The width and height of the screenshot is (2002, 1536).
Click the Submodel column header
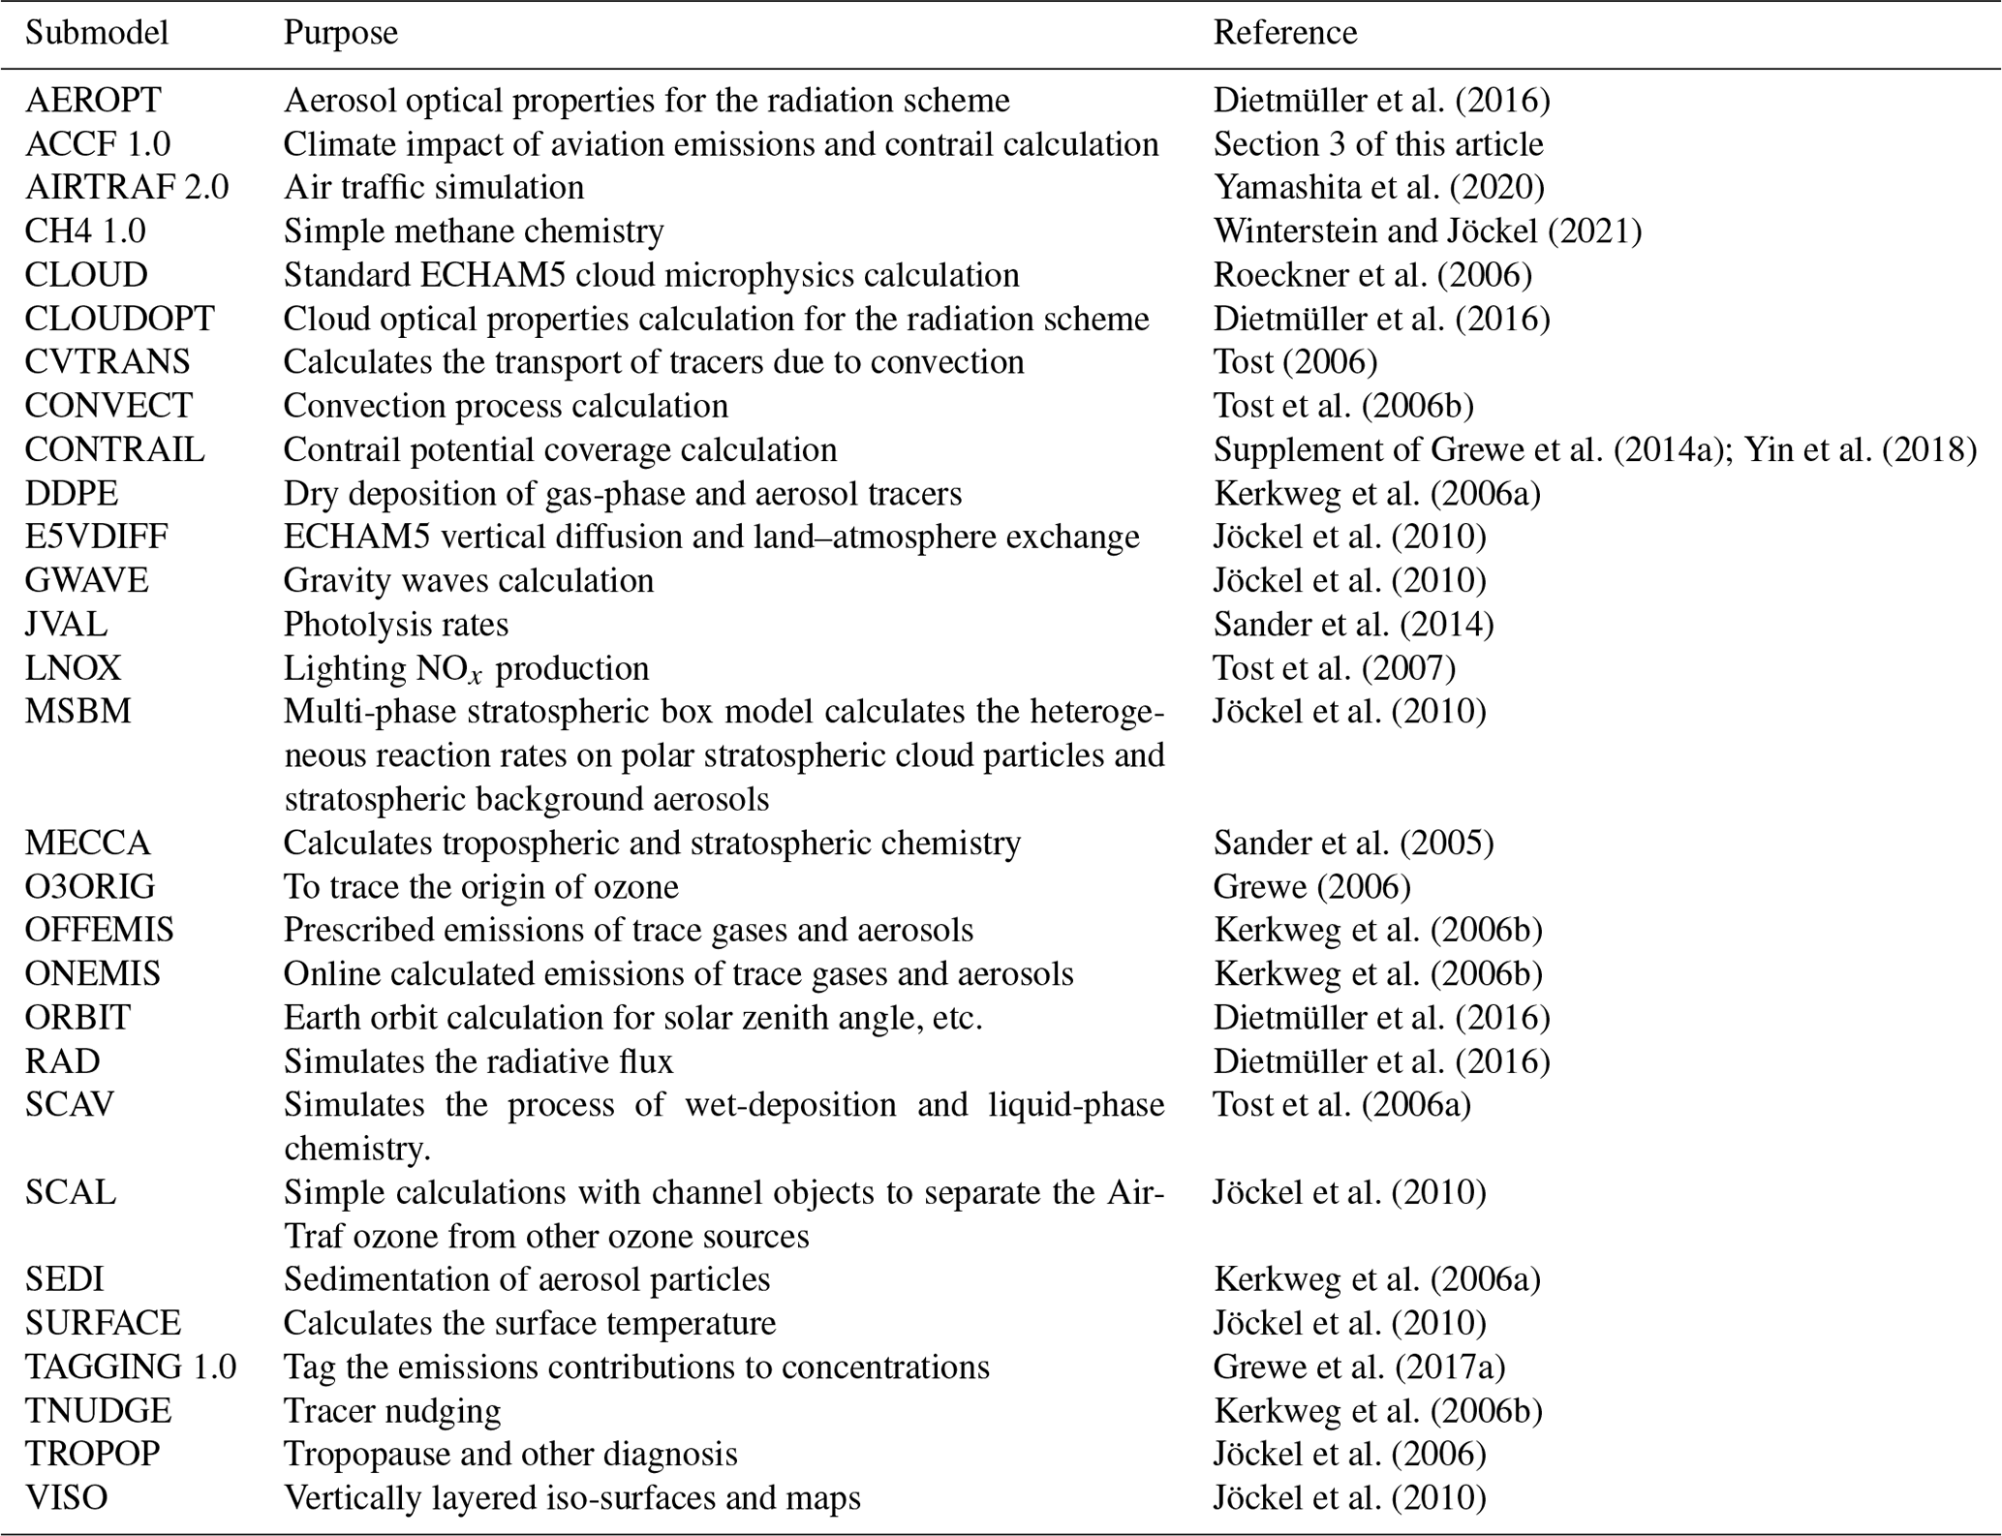[97, 33]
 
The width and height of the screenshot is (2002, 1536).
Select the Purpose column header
[340, 33]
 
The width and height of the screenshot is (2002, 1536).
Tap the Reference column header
[1284, 33]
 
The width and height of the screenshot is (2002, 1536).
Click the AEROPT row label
[93, 100]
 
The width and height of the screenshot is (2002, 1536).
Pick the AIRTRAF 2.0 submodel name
[127, 187]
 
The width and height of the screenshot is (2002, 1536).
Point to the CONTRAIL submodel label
[114, 449]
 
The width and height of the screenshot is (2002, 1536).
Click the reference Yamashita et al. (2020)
[1378, 187]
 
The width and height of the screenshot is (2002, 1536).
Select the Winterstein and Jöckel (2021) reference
[1427, 230]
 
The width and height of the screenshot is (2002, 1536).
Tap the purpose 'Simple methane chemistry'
[474, 230]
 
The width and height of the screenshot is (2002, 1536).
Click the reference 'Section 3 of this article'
[1377, 143]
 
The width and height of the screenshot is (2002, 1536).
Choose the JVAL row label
[66, 624]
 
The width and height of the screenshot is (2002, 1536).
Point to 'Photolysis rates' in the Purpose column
[395, 624]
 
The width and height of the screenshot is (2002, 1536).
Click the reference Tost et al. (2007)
[1334, 667]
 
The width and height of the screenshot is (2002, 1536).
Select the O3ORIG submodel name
[90, 886]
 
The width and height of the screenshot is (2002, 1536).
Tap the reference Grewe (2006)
[1311, 886]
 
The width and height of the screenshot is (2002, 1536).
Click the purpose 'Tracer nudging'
[392, 1410]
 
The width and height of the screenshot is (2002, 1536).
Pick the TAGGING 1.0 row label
[131, 1367]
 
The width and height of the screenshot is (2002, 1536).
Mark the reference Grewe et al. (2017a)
[1359, 1367]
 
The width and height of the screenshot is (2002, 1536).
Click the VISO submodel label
[66, 1497]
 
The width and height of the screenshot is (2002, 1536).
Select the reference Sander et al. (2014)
[1353, 624]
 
